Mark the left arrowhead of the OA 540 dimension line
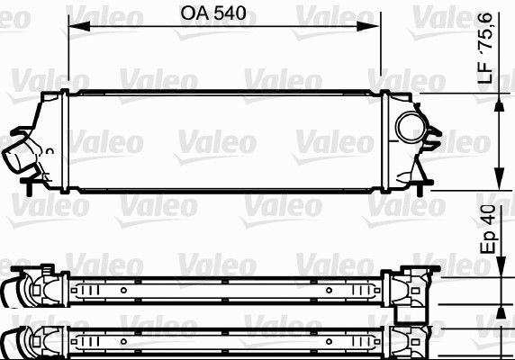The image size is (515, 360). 71,32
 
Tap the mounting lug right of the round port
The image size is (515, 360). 436,140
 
